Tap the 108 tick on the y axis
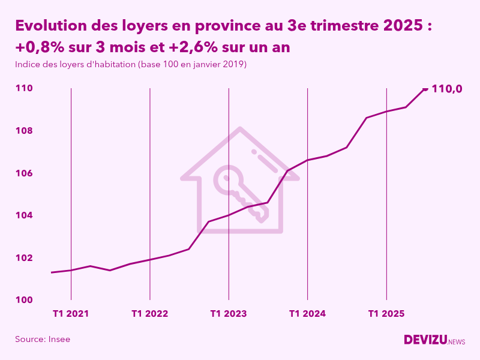tap(24, 131)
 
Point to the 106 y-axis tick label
tap(24, 173)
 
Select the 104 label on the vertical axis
tap(24, 215)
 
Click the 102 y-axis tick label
tap(24, 258)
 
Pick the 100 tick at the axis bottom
tap(24, 300)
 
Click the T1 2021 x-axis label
tap(71, 313)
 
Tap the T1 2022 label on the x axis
tap(149, 313)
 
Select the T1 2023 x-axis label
tap(229, 313)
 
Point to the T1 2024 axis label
tap(307, 313)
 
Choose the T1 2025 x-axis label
tap(386, 313)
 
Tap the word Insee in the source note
tap(59, 339)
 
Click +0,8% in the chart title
tap(40, 47)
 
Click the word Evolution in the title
tap(49, 26)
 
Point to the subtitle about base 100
tap(131, 64)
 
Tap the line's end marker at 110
tap(425, 89)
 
